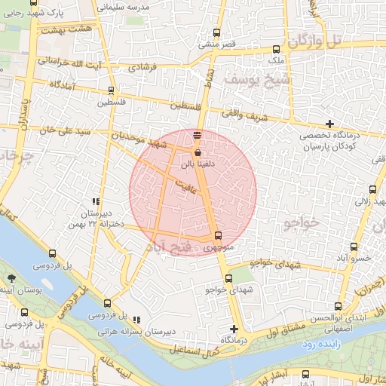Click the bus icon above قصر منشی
217,33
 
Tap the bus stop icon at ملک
276,49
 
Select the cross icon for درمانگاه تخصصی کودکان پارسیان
329,124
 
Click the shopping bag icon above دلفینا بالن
198,152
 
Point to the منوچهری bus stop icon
218,235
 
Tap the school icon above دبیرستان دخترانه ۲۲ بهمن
96,201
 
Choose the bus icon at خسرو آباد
356,247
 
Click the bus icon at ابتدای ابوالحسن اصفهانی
338,305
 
